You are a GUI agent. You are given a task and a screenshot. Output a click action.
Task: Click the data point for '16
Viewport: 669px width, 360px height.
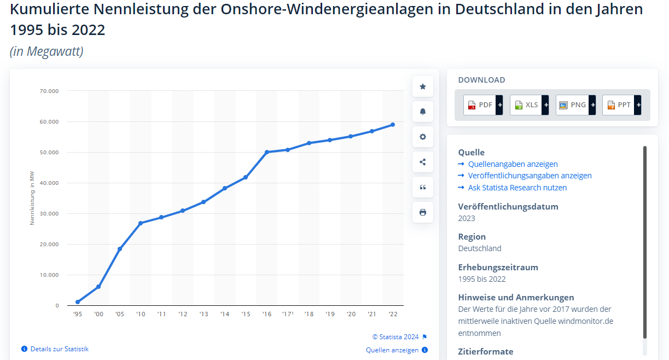point(267,152)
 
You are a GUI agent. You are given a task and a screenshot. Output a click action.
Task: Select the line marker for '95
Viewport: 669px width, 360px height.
point(78,302)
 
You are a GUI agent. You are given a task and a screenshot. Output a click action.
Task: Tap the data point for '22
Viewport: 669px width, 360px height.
point(393,125)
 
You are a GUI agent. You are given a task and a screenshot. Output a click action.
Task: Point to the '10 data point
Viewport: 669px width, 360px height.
point(141,223)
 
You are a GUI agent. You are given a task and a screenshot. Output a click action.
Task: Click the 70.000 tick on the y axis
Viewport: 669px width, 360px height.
point(49,91)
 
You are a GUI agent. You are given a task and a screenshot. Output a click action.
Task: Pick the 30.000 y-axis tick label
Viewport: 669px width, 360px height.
point(49,214)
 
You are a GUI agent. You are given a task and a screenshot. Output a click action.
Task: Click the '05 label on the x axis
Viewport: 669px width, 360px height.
point(120,315)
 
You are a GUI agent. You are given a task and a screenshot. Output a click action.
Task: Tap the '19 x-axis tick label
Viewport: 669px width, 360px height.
point(330,315)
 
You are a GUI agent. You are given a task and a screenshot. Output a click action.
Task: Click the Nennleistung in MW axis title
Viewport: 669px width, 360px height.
point(32,198)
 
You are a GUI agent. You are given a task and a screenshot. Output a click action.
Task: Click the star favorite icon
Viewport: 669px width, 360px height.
point(423,86)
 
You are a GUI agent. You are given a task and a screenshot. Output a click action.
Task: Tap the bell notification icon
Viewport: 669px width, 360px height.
point(423,112)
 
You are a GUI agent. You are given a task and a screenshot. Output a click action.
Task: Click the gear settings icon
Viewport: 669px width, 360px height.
point(423,137)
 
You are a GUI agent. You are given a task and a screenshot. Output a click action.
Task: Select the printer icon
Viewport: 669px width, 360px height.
point(423,212)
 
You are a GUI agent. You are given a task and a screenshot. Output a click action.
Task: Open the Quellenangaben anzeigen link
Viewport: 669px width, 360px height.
point(513,164)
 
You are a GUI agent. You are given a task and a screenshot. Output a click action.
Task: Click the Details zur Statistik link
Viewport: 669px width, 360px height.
point(59,349)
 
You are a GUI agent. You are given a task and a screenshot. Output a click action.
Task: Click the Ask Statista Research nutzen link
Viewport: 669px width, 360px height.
point(517,188)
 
